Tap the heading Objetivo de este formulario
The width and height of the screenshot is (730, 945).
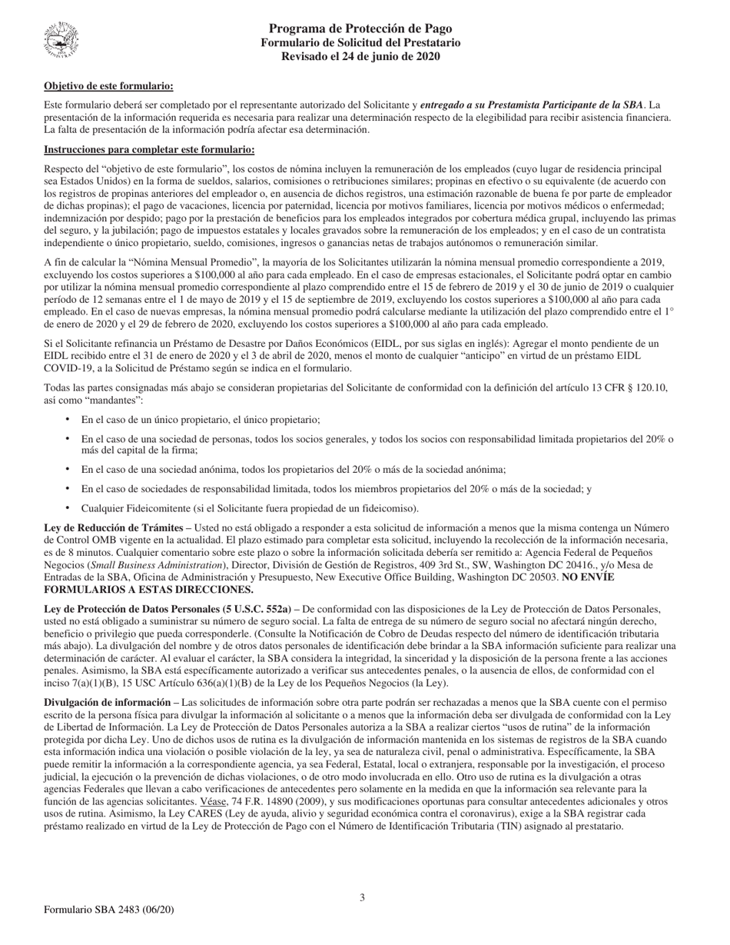(108, 86)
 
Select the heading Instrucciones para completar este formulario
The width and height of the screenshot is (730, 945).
(149, 149)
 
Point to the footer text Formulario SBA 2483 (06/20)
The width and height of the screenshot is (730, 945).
(109, 910)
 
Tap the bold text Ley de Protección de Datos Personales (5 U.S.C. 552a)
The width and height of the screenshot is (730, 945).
(167, 609)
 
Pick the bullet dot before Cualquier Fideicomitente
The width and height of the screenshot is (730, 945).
(68, 507)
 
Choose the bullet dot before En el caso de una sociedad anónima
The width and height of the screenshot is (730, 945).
(68, 469)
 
